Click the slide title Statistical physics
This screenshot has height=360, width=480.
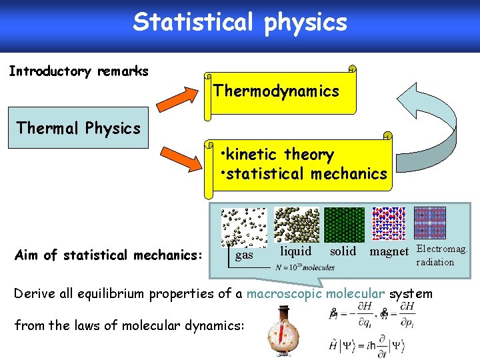(240, 22)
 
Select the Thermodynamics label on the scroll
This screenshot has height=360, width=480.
(276, 91)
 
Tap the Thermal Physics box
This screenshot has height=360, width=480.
(79, 127)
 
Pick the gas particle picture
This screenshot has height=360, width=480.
(244, 226)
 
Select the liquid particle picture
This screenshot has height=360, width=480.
(297, 225)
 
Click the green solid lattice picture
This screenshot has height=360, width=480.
(344, 225)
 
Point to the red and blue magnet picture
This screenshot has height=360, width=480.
(389, 223)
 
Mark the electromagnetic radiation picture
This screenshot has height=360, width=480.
(430, 223)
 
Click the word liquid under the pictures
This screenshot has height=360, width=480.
(295, 251)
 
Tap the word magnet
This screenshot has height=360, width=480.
(389, 251)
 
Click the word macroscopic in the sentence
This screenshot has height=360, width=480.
(285, 294)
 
